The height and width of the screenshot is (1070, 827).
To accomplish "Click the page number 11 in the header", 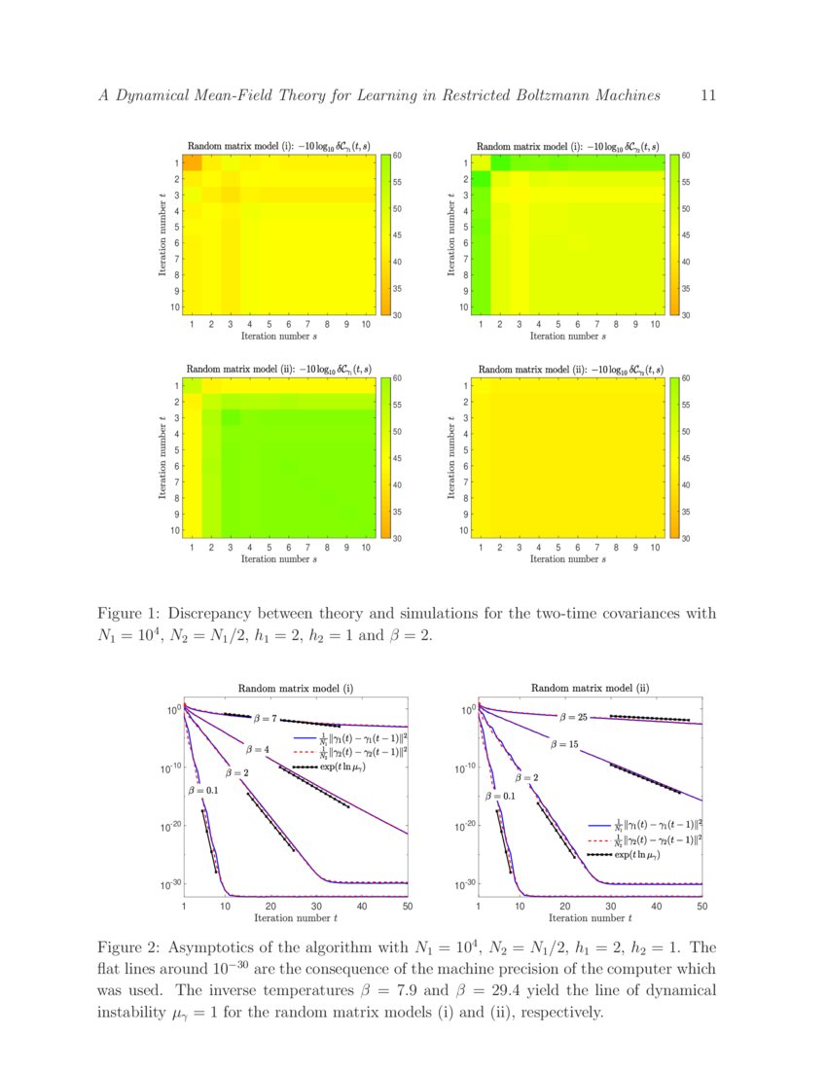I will click(707, 95).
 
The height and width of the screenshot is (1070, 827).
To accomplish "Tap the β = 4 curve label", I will click(258, 750).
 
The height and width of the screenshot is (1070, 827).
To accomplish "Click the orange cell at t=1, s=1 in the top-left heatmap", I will click(192, 162).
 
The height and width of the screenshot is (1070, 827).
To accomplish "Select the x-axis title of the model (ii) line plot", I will click(589, 917).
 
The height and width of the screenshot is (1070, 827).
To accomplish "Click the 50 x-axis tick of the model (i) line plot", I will click(407, 906).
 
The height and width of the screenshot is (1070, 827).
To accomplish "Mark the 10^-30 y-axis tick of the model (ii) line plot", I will click(466, 884).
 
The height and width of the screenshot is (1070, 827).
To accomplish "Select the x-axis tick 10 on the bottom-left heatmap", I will click(366, 548).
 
